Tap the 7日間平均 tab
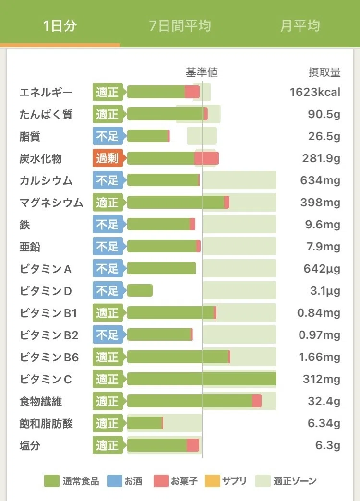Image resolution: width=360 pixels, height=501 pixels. click(180, 25)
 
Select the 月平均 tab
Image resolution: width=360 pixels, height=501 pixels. click(300, 25)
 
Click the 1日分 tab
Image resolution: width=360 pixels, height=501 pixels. click(60, 25)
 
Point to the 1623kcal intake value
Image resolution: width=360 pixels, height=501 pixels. click(315, 92)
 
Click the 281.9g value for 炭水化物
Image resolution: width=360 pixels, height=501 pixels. click(321, 158)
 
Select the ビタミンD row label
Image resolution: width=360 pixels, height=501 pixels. click(46, 291)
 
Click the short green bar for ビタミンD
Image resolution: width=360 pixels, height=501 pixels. click(140, 290)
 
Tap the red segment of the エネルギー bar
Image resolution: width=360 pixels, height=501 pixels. click(192, 92)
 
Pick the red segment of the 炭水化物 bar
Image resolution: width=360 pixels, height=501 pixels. click(206, 158)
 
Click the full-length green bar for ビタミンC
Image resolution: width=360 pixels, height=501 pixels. click(202, 379)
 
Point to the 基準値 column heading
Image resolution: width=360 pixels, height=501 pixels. click(202, 72)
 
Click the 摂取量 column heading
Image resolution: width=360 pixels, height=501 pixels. click(324, 72)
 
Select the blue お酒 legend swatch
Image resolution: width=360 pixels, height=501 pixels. click(114, 481)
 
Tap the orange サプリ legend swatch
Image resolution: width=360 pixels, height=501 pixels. click(212, 481)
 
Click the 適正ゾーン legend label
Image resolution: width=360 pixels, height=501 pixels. click(295, 481)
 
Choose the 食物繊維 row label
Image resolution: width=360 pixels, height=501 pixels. click(41, 401)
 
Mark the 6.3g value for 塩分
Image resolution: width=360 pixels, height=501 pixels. click(328, 445)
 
